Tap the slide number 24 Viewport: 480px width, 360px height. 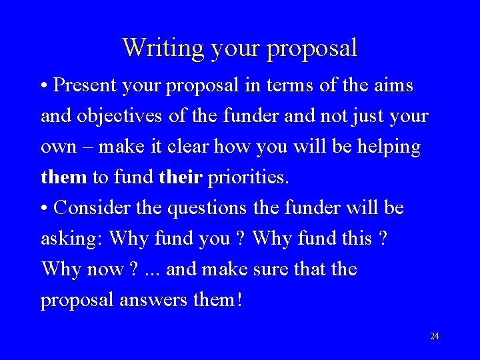434,336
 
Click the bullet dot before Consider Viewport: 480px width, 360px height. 44,209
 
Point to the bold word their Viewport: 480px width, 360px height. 181,178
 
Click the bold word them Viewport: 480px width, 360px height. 64,178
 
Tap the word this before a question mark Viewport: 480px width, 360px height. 351,239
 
